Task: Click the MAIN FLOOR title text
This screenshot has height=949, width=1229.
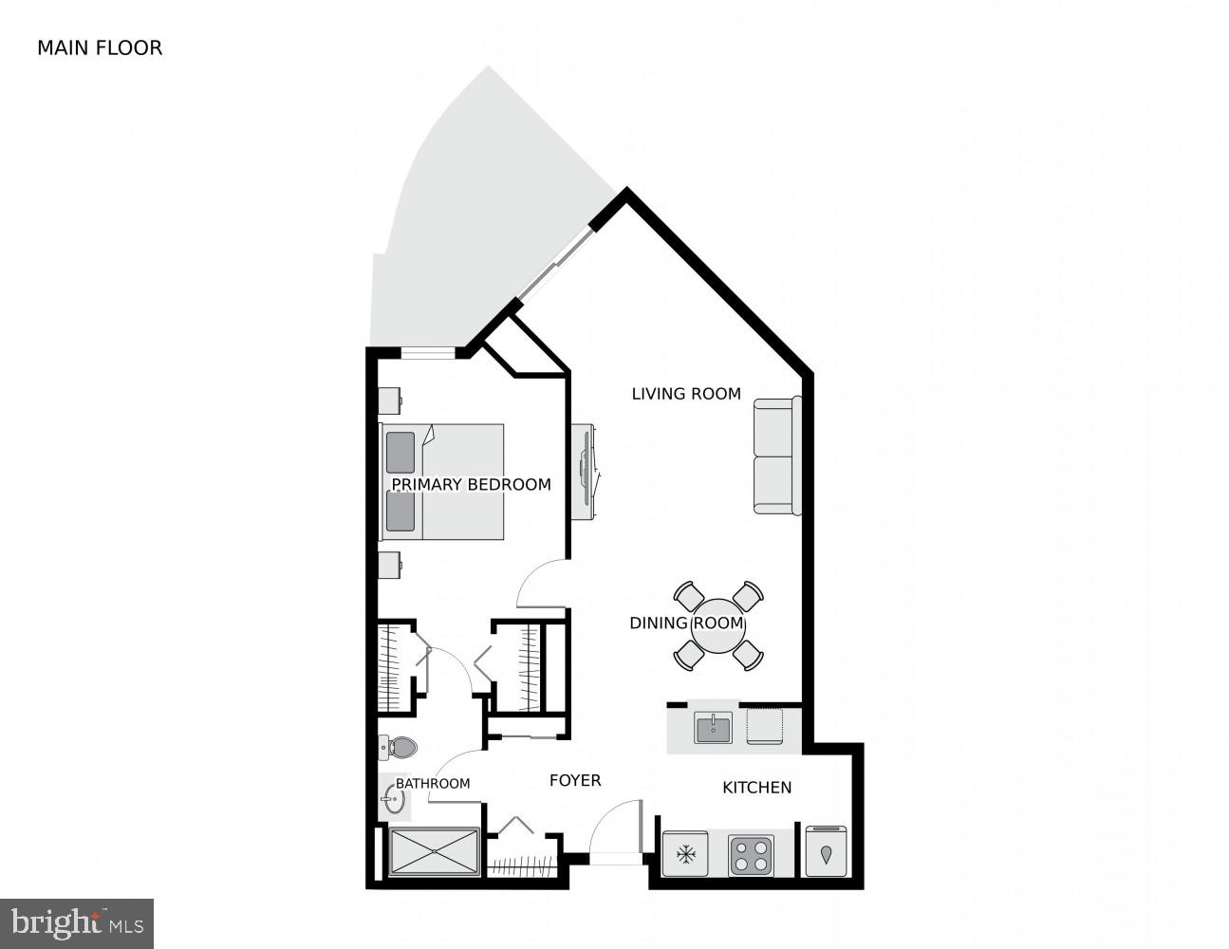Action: point(100,47)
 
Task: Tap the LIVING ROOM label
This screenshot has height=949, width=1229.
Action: point(686,394)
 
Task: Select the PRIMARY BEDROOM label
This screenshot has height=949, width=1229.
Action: point(471,485)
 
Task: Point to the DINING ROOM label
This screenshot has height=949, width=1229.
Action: point(687,623)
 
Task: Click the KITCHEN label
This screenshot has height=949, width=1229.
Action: point(756,788)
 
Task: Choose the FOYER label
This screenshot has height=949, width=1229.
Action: point(575,780)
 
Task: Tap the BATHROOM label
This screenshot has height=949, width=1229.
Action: point(433,784)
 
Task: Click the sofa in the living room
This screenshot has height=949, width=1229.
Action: point(777,456)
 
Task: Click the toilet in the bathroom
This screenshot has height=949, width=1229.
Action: point(398,748)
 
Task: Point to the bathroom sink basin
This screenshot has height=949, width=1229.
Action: point(395,802)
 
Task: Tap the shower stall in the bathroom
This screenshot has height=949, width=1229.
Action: point(434,851)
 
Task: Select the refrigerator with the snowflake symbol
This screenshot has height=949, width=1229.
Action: point(684,854)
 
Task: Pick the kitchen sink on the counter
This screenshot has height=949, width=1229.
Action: point(713,729)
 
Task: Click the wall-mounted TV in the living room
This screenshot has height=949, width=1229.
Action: point(588,471)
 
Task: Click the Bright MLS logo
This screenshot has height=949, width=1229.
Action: point(76,922)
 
